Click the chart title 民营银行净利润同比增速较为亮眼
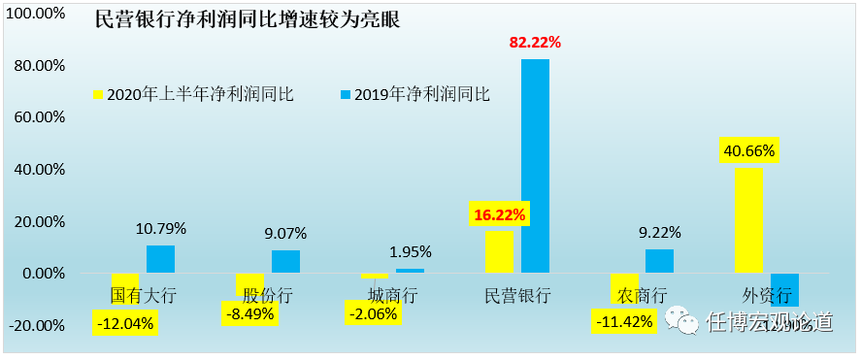(x=247, y=20)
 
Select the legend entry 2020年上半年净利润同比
(x=192, y=94)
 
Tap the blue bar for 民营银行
(x=535, y=166)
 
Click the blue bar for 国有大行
(x=160, y=259)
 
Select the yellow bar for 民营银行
(x=499, y=251)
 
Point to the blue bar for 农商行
(x=659, y=261)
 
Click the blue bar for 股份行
(x=285, y=261)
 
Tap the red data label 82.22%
(x=535, y=43)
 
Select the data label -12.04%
(x=125, y=323)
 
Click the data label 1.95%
(x=410, y=252)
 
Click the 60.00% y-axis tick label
(x=37, y=117)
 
